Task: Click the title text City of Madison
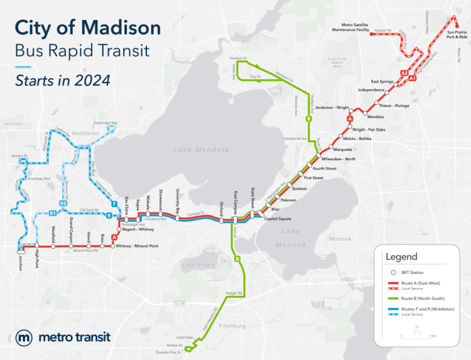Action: click(x=87, y=28)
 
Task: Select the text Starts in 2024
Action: click(x=63, y=80)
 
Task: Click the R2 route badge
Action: click(x=63, y=204)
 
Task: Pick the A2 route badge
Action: click(x=404, y=74)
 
